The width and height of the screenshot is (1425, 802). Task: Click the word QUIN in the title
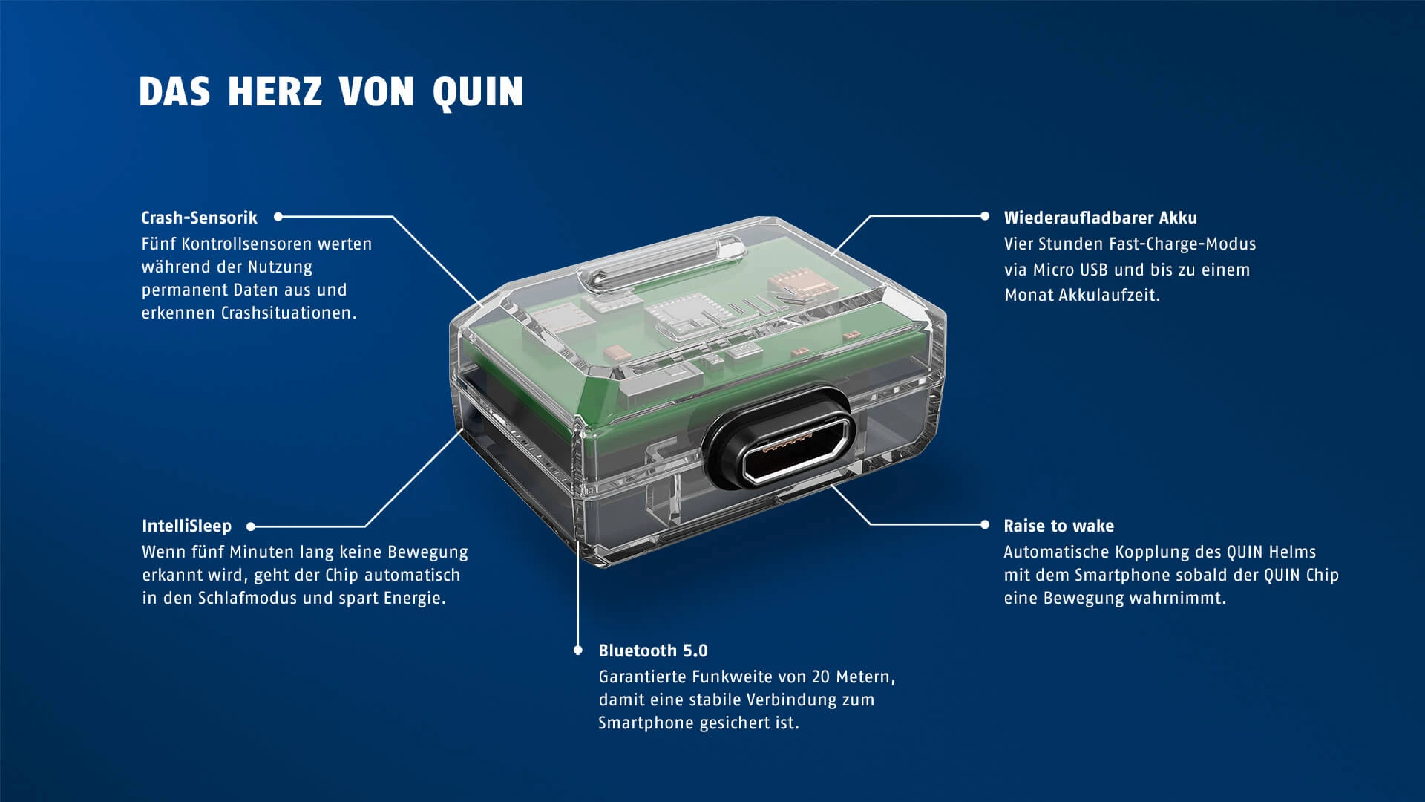478,92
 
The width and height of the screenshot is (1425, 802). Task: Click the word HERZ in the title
275,92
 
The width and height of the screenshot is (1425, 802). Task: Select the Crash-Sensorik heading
199,218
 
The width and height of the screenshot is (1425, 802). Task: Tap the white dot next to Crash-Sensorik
278,217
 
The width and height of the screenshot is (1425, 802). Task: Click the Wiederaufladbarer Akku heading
1100,218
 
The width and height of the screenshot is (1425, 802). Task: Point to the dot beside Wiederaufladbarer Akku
985,216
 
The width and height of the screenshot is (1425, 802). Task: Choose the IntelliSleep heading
186,526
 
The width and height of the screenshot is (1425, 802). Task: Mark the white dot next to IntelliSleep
251,526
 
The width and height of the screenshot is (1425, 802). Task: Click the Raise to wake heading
1058,526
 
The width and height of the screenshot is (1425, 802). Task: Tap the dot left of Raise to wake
985,524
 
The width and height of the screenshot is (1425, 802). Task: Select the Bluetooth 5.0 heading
652,651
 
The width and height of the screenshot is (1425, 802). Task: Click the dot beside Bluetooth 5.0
578,651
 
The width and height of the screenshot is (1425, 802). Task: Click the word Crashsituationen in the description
289,313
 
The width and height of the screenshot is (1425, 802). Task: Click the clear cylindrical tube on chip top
661,264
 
